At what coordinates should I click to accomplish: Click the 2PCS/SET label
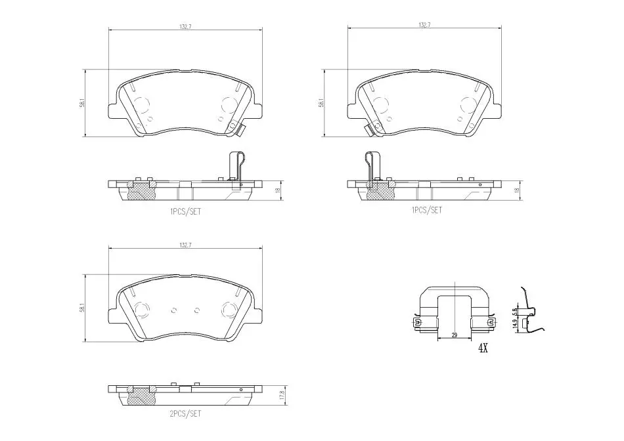point(185,413)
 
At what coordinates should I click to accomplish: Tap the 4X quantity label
point(483,348)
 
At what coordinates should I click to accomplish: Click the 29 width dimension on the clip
point(455,335)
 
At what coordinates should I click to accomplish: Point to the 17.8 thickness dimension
point(281,395)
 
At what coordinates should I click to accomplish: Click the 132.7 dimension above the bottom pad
point(185,245)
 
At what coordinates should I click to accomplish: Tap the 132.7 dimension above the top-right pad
point(424,25)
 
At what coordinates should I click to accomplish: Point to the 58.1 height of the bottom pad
point(82,308)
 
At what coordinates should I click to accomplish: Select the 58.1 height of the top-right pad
point(321,102)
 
